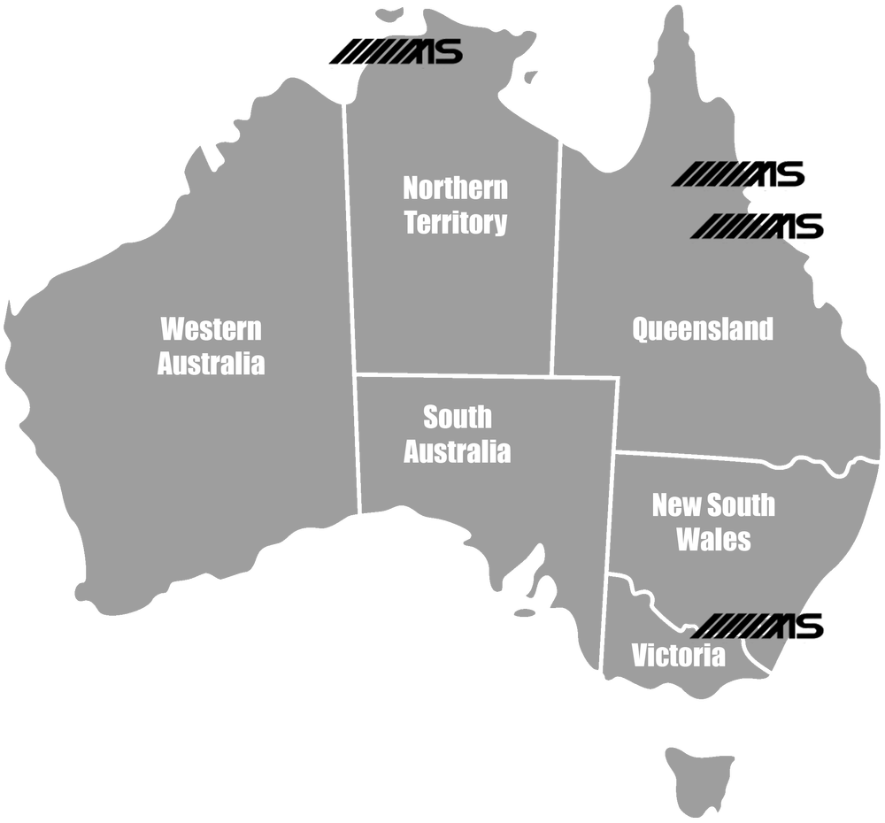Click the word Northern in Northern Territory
pos(455,188)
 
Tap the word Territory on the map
pos(455,222)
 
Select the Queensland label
pos(702,329)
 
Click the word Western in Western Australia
pos(211,329)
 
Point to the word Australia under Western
pos(211,363)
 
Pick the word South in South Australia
pos(457,417)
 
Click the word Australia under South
pos(457,450)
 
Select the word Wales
pos(713,539)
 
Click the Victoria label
pos(678,656)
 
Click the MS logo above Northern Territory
pos(396,52)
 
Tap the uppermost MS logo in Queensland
pos(739,174)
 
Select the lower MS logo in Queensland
pos(758,227)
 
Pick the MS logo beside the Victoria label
pos(757,626)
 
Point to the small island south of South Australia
pos(525,612)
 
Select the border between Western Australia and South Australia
pos(358,442)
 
